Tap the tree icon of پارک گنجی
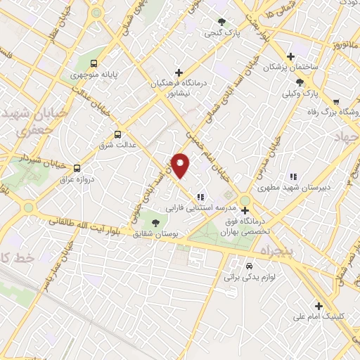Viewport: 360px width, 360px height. [222, 22]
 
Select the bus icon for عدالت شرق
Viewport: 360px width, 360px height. [117, 134]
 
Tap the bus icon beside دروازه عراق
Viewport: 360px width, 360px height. [77, 168]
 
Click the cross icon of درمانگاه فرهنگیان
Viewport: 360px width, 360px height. [179, 72]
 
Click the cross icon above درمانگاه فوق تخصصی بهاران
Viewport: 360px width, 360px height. [245, 210]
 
